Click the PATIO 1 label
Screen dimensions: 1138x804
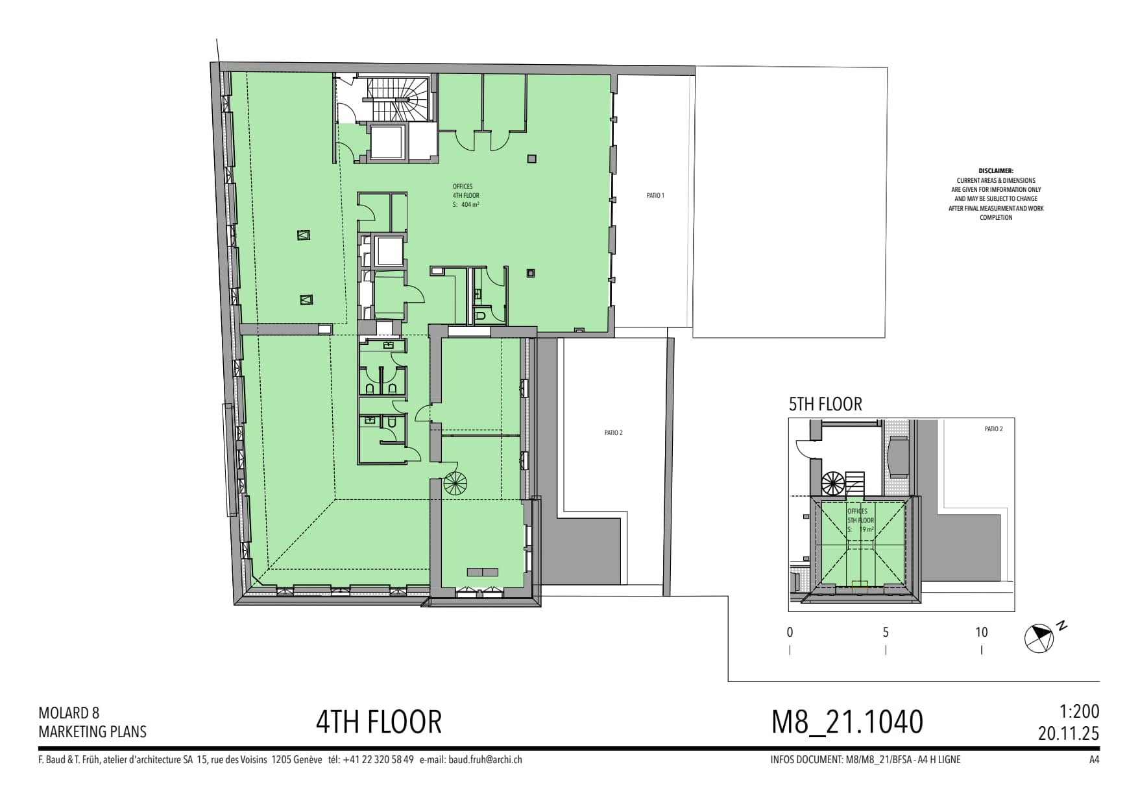(x=655, y=195)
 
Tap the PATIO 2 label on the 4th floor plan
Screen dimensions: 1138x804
(x=613, y=432)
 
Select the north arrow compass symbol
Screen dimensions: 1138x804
(x=1039, y=638)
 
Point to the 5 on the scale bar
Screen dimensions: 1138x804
(x=886, y=632)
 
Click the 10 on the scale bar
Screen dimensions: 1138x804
(x=981, y=632)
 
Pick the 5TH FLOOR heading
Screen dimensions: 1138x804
(x=825, y=404)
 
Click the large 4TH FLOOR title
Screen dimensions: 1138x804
(x=379, y=722)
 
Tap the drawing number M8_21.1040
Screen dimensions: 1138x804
(x=847, y=722)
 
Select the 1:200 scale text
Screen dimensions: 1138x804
(x=1080, y=712)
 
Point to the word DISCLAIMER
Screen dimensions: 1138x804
(x=996, y=171)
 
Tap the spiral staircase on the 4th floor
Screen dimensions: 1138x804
(x=455, y=483)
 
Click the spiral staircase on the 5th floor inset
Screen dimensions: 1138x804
(x=833, y=484)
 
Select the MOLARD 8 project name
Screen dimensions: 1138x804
(x=69, y=713)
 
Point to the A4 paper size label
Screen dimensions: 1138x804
(x=1094, y=760)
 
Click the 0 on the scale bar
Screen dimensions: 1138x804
(x=790, y=632)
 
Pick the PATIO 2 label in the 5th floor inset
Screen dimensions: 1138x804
(x=993, y=429)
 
